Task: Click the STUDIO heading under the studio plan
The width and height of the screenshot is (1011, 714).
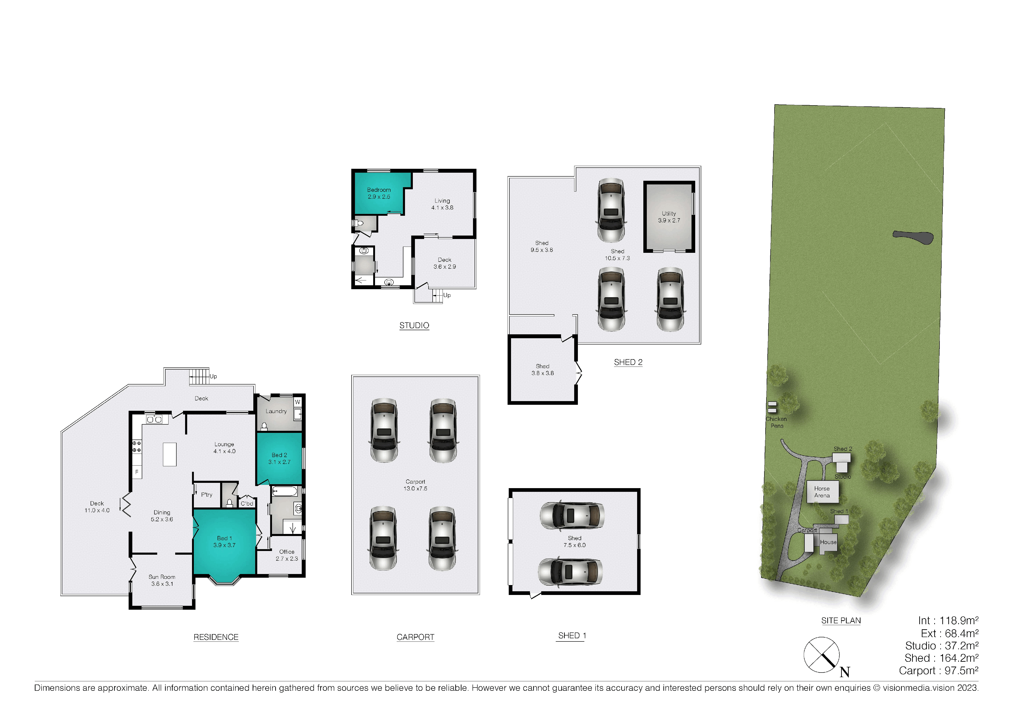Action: click(x=414, y=326)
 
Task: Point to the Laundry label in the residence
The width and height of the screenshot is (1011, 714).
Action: click(x=276, y=411)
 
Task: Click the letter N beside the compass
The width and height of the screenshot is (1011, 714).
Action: click(x=845, y=672)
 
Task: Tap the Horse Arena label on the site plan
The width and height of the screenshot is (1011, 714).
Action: click(x=822, y=492)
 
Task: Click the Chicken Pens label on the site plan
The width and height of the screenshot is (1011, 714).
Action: click(x=776, y=422)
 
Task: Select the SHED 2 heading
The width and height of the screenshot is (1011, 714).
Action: click(x=628, y=362)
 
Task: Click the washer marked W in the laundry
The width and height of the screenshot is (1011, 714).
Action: click(x=298, y=402)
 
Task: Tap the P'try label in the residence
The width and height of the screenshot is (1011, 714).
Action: click(x=207, y=495)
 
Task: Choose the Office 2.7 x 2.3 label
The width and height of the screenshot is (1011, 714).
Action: click(x=287, y=555)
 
